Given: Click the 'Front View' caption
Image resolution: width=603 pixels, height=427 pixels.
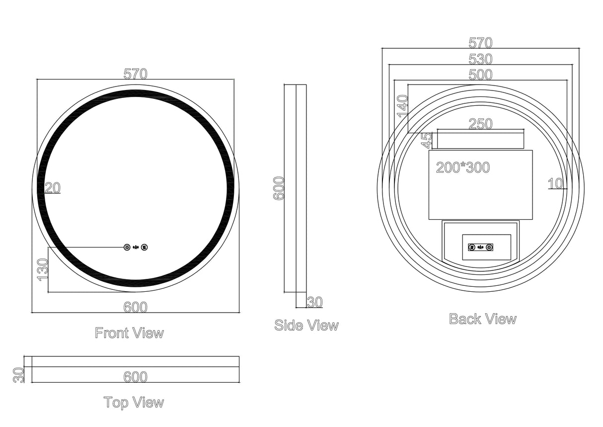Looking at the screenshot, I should tap(129, 333).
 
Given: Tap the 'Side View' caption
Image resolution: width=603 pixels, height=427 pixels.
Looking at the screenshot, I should tap(306, 326).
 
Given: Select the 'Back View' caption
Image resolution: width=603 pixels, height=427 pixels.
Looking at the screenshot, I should tap(483, 319).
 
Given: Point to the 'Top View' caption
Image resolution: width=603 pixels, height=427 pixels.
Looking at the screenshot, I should tap(134, 402).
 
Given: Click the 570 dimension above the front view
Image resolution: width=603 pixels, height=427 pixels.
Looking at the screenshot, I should tap(136, 74).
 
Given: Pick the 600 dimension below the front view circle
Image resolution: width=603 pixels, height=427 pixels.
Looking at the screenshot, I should tap(136, 308).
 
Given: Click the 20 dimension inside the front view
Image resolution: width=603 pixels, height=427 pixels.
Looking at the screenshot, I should tap(52, 188).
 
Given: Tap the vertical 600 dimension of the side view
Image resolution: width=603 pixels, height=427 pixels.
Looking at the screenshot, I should tap(279, 188).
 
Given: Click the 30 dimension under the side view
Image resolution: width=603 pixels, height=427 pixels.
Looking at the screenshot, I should tap(315, 302).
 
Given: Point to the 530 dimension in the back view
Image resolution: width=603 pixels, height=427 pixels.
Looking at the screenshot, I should tap(480, 60).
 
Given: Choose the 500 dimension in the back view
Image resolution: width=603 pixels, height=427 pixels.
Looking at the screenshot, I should tap(480, 75).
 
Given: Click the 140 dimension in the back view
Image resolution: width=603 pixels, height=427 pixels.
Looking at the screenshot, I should tap(402, 106).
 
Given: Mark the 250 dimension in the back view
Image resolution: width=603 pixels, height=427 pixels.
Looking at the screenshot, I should tap(480, 124).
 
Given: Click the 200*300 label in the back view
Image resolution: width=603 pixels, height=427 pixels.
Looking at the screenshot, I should tap(463, 168).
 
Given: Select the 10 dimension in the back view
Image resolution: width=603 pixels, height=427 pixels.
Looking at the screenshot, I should tap(556, 183).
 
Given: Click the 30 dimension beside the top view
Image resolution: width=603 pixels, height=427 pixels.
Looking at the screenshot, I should tap(18, 374).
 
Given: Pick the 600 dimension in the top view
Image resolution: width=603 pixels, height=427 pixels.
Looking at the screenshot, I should tap(136, 377).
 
